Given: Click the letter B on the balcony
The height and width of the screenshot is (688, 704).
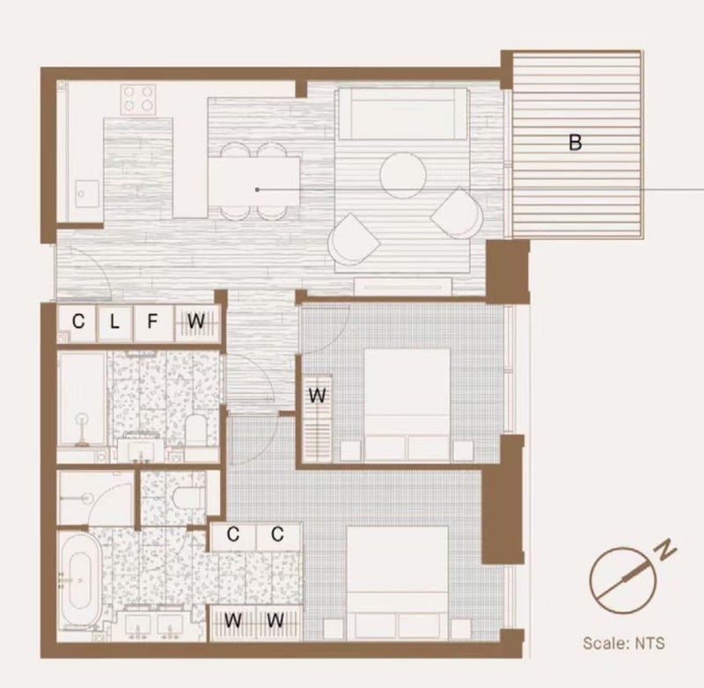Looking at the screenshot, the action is [x=576, y=143].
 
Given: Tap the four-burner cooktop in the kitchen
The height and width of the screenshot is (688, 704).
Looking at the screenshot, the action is [x=138, y=99].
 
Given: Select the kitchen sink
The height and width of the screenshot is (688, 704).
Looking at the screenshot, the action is [x=87, y=194].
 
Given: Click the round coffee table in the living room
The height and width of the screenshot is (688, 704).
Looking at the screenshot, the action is [x=403, y=175].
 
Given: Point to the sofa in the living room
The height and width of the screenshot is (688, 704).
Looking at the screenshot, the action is [x=403, y=113].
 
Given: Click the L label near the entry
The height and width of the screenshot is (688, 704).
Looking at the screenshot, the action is [x=114, y=321].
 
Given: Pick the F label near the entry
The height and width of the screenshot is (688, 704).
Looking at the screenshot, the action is [x=152, y=321].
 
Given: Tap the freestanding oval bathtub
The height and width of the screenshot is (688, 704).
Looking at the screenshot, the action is [x=81, y=581].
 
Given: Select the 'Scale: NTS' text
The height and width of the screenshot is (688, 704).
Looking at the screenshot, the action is [x=624, y=643].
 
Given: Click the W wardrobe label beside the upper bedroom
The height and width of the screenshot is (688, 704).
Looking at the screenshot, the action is [x=318, y=395].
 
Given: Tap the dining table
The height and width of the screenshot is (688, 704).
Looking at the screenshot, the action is [x=254, y=182].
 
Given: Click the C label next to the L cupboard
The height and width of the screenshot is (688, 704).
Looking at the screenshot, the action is [x=78, y=321].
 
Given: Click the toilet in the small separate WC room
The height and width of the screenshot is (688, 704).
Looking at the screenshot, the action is [x=184, y=496].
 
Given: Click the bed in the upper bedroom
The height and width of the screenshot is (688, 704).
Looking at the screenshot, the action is [x=407, y=406].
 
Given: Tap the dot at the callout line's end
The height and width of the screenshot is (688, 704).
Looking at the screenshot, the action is [x=257, y=190].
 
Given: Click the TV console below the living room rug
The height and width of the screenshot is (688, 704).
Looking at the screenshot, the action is [x=403, y=286].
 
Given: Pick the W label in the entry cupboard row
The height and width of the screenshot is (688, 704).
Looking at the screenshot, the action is [x=196, y=321].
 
